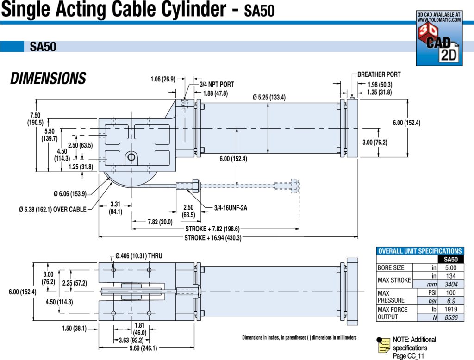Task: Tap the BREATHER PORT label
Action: click(x=379, y=74)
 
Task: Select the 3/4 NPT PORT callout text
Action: click(x=217, y=85)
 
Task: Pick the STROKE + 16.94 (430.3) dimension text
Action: click(x=213, y=238)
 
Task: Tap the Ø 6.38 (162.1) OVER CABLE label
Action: click(x=53, y=210)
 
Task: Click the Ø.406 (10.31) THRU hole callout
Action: click(x=139, y=255)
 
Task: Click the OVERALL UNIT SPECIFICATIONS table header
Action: click(x=420, y=251)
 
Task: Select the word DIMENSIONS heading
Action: click(x=48, y=79)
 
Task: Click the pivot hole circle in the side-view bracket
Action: click(x=131, y=157)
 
